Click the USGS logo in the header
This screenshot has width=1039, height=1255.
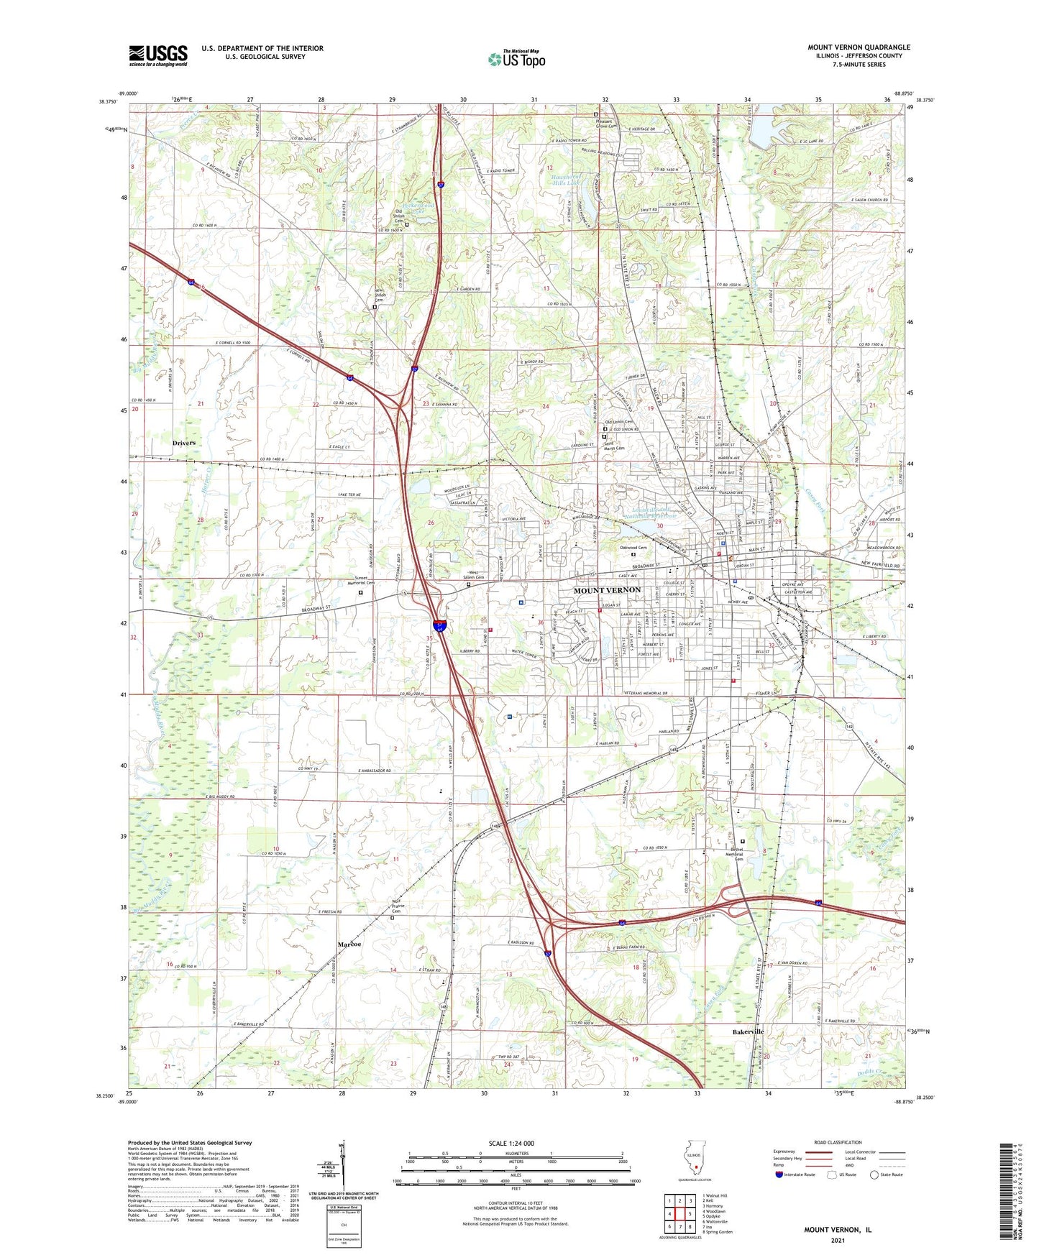coord(158,55)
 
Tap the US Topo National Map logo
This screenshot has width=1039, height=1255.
coord(516,58)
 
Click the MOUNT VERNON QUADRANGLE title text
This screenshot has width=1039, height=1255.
coord(859,47)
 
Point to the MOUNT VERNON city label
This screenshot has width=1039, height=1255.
coord(606,590)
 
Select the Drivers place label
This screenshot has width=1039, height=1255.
coord(183,443)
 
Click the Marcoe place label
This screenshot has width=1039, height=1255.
coord(349,944)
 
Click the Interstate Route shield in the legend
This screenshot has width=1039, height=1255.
coord(779,1174)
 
